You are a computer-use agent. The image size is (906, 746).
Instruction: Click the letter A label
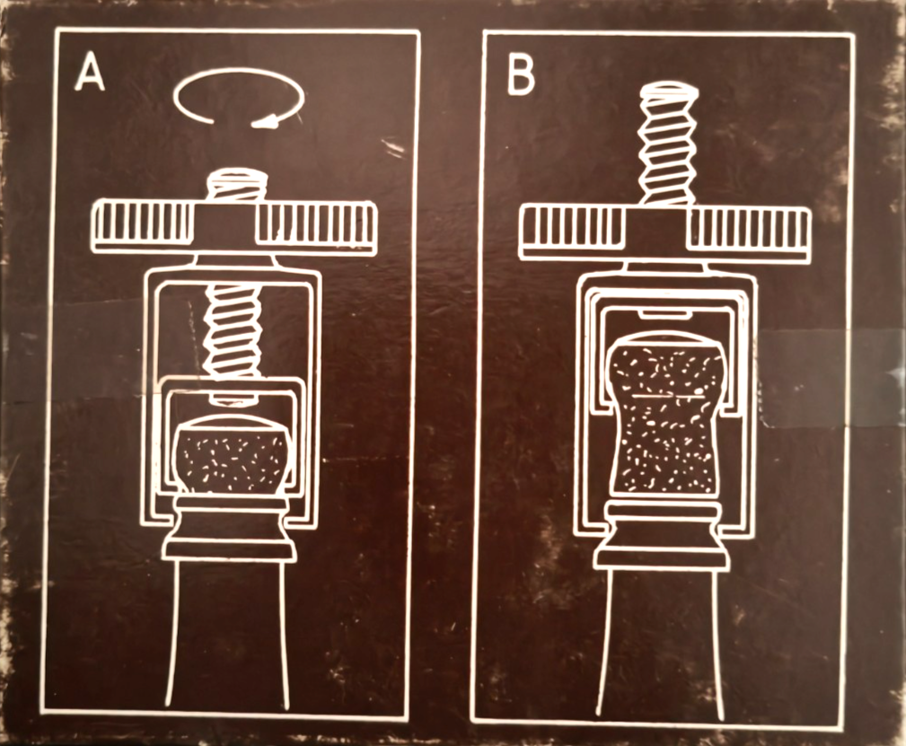tap(90, 72)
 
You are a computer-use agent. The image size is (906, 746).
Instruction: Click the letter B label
tap(520, 75)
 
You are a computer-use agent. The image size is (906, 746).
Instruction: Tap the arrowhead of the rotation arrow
tap(265, 120)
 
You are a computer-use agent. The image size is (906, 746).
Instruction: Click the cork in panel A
tap(232, 458)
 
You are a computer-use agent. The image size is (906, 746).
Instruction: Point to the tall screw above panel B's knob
tap(668, 143)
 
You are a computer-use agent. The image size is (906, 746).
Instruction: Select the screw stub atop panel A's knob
tap(237, 185)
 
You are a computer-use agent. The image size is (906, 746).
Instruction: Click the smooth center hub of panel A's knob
tap(224, 226)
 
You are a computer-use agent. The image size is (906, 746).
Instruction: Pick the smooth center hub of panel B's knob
tap(655, 231)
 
